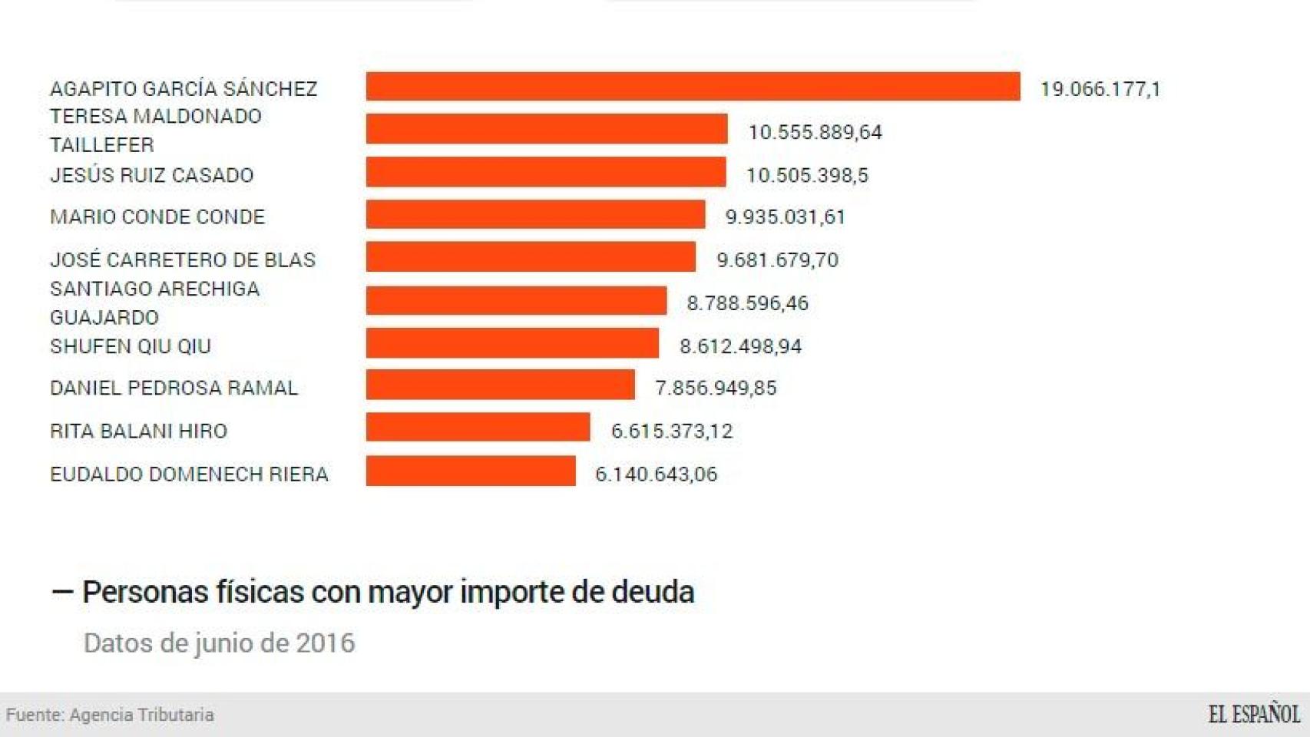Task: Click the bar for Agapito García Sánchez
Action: [693, 87]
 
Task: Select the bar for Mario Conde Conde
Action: [535, 215]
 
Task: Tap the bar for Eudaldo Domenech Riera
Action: [471, 471]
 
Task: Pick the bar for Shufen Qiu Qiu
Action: [512, 343]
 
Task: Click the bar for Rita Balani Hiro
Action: [478, 428]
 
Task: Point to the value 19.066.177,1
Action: [1100, 89]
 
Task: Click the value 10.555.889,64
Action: [815, 132]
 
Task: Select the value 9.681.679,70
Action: [777, 259]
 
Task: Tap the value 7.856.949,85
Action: [716, 388]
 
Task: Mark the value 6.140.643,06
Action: [656, 474]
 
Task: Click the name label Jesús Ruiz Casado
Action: [151, 175]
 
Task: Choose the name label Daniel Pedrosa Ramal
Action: [174, 388]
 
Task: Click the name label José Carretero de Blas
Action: [183, 259]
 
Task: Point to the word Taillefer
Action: [102, 145]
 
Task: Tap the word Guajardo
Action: [104, 317]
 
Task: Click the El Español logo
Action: [1253, 714]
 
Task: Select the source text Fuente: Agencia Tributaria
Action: [110, 715]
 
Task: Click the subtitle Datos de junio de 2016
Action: [219, 643]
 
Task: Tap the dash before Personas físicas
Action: [62, 591]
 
